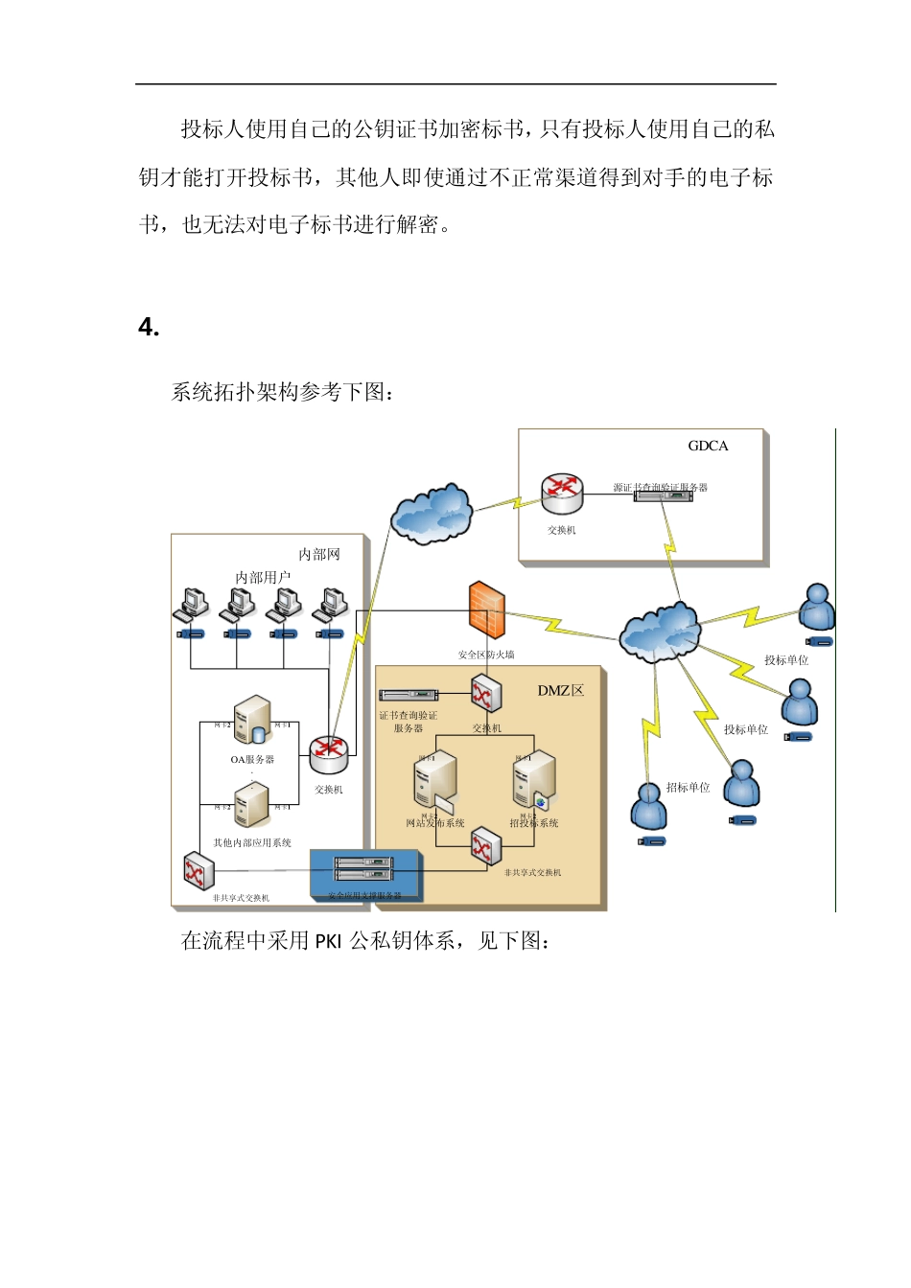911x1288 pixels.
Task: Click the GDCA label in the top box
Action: pos(708,446)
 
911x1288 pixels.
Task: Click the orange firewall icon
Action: pos(486,609)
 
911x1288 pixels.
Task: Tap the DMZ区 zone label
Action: pos(560,690)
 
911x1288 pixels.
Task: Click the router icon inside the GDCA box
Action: pos(561,494)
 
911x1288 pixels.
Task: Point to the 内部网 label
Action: pos(318,554)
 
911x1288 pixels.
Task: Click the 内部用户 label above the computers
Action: pos(263,577)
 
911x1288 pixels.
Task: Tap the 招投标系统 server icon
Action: pos(534,779)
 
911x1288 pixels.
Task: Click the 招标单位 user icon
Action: pos(648,806)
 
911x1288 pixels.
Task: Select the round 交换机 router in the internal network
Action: pos(328,754)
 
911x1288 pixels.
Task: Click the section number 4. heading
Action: pos(149,328)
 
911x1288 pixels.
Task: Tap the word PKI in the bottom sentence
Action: pos(328,941)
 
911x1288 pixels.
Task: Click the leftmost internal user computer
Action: pos(192,604)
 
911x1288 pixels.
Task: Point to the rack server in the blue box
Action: pos(363,868)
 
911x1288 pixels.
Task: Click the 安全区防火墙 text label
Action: pos(486,655)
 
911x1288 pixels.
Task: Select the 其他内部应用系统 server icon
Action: pos(251,805)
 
